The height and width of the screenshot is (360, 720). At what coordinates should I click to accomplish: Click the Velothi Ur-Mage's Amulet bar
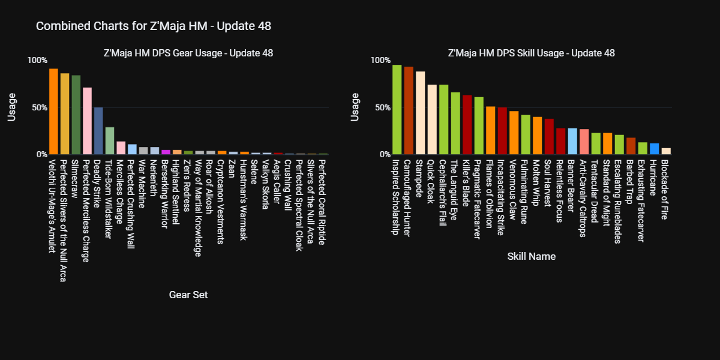click(53, 112)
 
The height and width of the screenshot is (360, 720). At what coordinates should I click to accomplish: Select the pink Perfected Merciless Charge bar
click(88, 121)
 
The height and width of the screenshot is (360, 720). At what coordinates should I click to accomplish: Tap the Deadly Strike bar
click(98, 131)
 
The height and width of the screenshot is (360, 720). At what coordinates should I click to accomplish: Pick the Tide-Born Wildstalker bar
click(110, 141)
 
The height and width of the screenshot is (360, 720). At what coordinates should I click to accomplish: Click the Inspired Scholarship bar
click(397, 110)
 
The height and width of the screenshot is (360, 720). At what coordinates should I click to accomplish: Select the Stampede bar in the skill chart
click(420, 113)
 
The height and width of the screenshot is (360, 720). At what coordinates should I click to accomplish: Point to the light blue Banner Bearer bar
click(572, 142)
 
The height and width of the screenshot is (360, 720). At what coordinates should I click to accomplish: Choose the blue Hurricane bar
click(655, 149)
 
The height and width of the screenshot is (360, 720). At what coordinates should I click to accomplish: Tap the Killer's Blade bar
click(467, 125)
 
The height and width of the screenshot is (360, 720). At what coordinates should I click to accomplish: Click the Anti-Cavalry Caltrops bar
click(584, 142)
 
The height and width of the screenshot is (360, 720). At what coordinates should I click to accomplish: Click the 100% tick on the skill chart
click(380, 60)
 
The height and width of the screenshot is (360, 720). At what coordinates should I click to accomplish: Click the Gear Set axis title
click(188, 295)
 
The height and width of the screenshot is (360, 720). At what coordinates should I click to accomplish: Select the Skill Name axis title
click(531, 256)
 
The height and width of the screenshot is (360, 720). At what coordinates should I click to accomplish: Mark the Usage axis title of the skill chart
click(355, 107)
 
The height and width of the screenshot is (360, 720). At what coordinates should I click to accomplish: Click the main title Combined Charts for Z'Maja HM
click(154, 26)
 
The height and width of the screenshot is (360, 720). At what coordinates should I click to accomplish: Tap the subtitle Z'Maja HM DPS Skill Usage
click(531, 53)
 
